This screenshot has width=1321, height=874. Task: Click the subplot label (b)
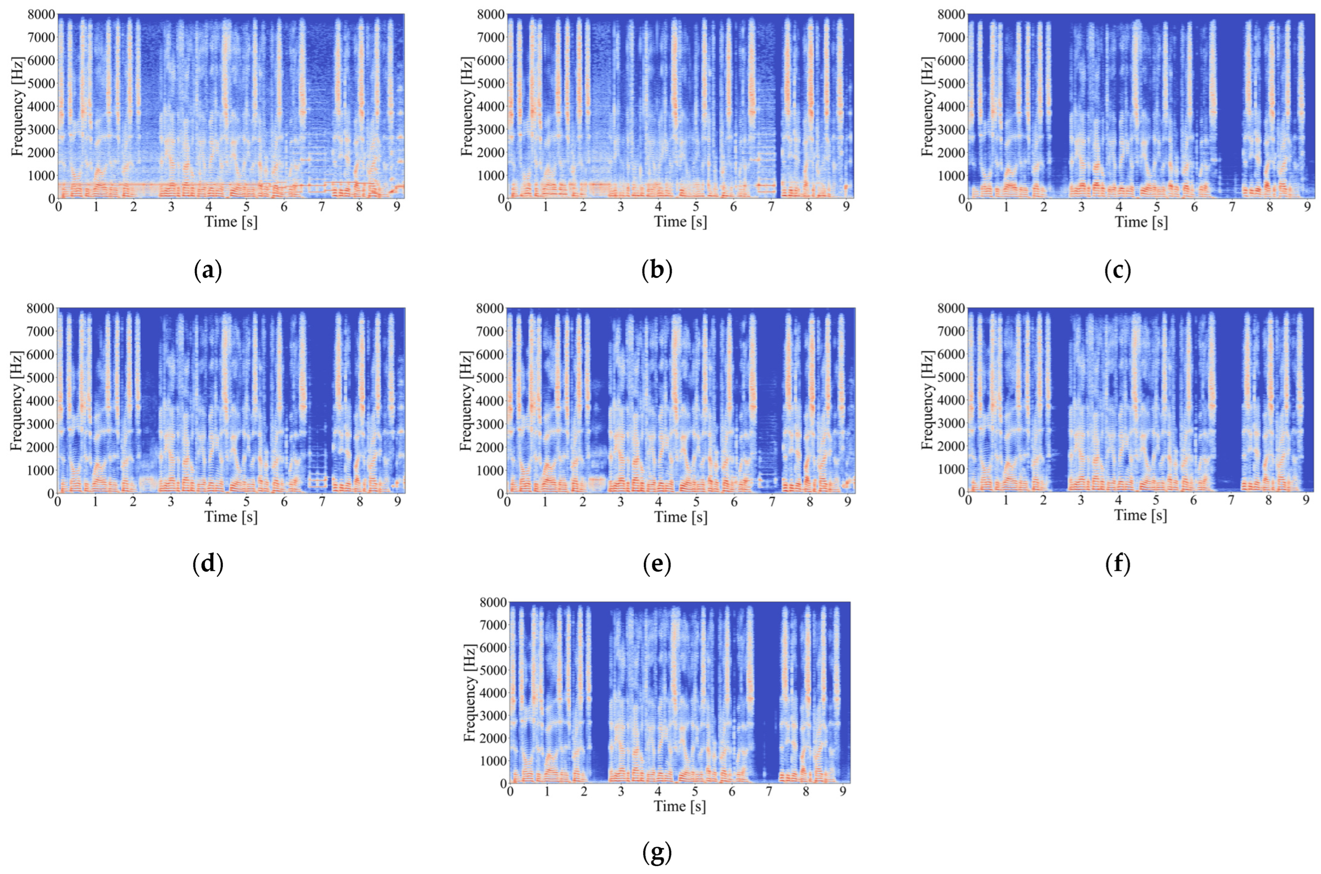[657, 271]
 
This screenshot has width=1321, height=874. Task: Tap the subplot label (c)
[1117, 271]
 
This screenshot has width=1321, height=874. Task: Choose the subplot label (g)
[657, 853]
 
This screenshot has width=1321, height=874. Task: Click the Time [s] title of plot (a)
[231, 222]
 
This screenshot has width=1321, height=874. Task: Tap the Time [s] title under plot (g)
[680, 806]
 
